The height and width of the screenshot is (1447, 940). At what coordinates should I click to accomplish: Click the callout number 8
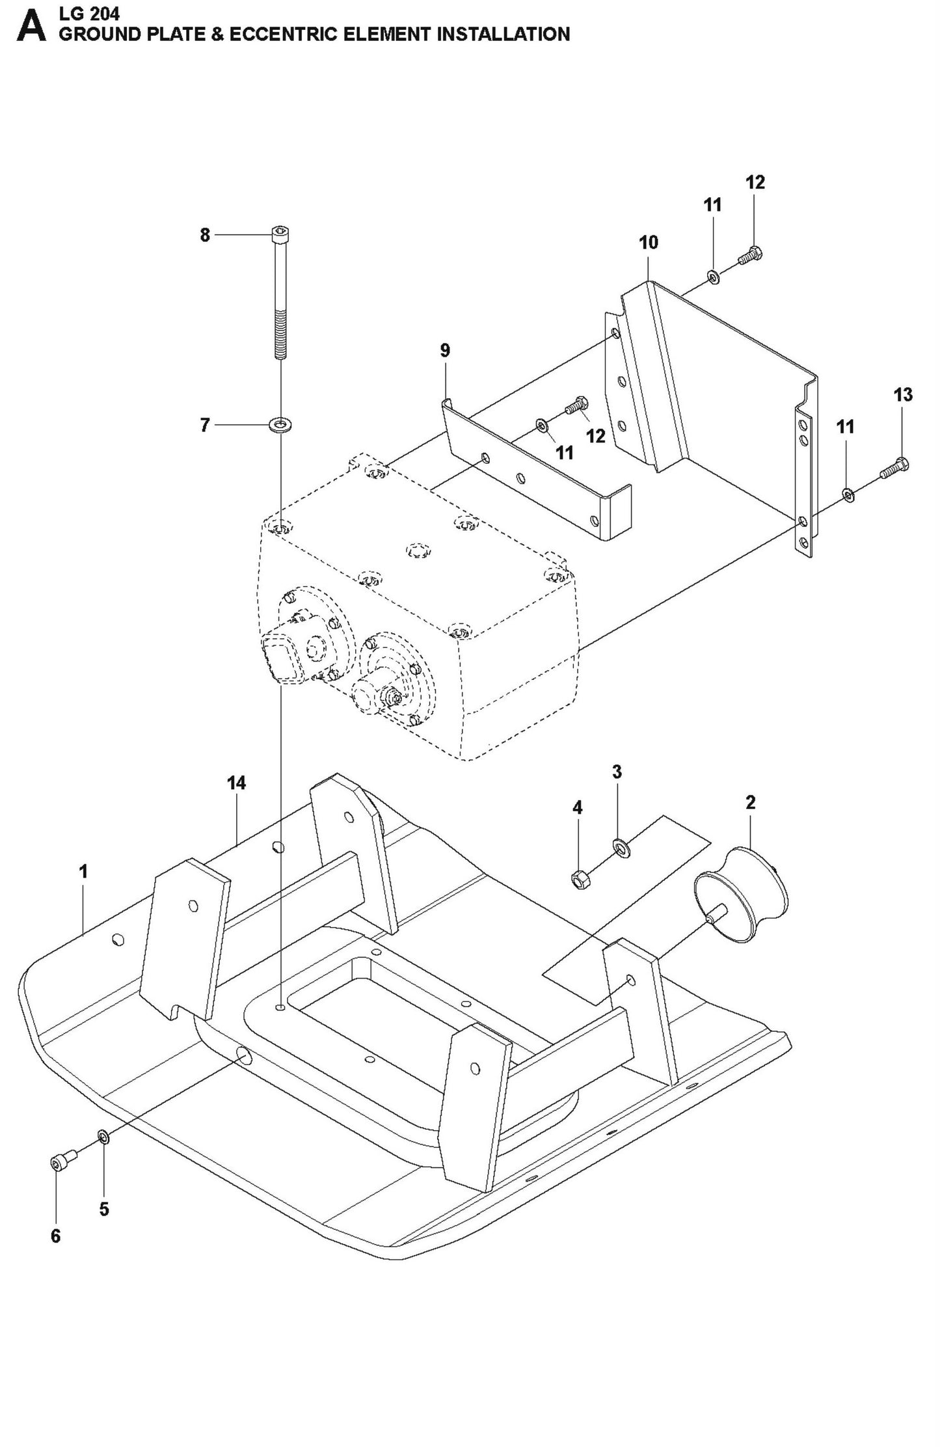205,235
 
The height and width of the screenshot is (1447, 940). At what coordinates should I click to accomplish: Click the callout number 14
237,783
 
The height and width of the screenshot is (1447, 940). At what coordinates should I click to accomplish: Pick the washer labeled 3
620,847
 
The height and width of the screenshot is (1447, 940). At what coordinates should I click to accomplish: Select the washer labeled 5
103,1137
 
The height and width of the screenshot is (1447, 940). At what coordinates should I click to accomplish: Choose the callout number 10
648,243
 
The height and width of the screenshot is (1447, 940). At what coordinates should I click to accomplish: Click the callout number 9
444,351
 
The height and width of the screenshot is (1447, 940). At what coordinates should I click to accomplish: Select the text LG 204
89,13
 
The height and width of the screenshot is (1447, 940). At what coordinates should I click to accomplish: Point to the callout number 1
83,871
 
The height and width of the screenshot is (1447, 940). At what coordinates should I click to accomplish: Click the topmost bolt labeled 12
751,256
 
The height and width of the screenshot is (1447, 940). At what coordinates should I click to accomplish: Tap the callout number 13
903,394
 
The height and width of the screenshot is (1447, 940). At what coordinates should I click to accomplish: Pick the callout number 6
56,1236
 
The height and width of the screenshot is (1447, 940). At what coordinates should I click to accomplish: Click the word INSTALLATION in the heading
503,34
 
